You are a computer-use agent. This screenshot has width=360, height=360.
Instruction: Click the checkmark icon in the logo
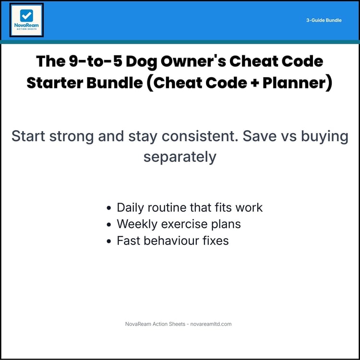pos(26,15)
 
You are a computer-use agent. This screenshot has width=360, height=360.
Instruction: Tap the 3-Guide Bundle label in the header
pos(324,21)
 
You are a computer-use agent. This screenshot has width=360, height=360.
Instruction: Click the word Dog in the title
pos(142,62)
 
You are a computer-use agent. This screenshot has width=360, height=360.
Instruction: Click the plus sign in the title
pos(241,83)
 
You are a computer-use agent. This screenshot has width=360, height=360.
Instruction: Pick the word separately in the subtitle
pos(180,157)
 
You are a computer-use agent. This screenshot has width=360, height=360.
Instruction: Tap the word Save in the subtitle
pos(260,136)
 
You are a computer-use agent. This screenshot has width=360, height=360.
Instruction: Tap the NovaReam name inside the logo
pos(26,27)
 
